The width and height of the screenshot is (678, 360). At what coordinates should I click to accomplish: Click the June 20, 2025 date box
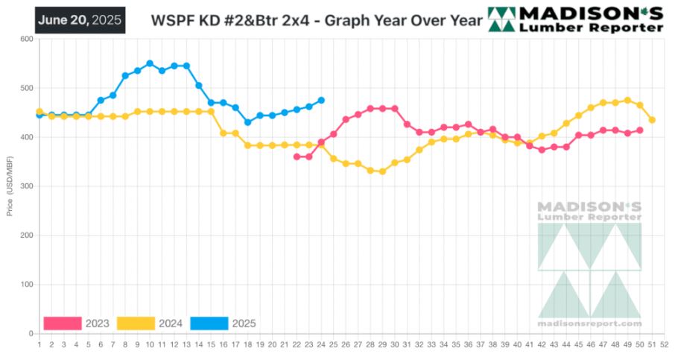[80, 19]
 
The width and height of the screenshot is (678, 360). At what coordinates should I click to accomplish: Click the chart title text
[317, 20]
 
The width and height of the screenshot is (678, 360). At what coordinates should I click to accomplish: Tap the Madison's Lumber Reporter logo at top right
[574, 19]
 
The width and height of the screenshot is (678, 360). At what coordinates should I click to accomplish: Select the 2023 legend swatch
[63, 323]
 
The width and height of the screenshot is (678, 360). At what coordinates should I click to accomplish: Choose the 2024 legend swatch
[136, 323]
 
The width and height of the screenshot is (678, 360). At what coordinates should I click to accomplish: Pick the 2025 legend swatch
[209, 323]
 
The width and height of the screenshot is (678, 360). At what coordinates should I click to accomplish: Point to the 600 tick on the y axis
[27, 40]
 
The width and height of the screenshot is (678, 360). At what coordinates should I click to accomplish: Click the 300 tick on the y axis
[27, 186]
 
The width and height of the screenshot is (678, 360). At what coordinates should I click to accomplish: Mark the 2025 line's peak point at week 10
[150, 63]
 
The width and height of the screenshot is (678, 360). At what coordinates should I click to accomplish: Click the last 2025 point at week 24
[321, 100]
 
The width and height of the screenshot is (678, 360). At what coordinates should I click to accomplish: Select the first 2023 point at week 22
[297, 157]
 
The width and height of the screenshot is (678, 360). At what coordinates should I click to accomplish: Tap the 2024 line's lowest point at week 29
[382, 171]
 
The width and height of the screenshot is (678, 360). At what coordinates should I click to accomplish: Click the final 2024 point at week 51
[652, 120]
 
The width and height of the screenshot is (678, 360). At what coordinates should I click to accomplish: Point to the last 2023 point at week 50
[640, 130]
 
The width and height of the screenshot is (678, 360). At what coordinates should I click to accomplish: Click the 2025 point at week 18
[247, 122]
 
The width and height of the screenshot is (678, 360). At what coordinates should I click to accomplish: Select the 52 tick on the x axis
[664, 344]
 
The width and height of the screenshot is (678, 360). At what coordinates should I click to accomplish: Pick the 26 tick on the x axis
[346, 344]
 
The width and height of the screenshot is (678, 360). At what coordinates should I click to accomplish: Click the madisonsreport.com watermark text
[589, 323]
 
